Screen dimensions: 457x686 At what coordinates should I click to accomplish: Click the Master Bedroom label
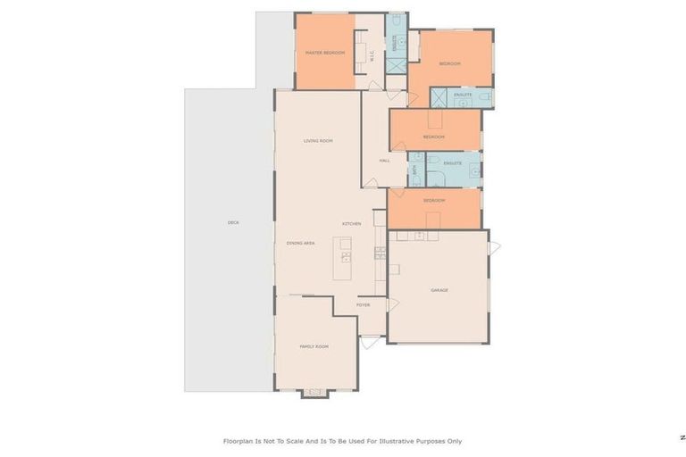324,53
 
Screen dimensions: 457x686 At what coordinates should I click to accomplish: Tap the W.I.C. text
372,54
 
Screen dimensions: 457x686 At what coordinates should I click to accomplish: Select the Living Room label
317,140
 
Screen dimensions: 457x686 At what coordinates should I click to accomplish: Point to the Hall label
384,161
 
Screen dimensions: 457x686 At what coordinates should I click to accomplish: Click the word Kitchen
351,223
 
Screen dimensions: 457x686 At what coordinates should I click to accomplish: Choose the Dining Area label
300,243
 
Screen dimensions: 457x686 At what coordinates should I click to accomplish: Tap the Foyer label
363,305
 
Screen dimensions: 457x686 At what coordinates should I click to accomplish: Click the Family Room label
314,345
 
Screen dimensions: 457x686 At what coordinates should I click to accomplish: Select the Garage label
439,290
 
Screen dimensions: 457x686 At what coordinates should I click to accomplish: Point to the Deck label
233,222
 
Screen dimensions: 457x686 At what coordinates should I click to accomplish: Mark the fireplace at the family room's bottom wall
314,392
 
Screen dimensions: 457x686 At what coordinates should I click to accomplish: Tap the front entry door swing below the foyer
371,340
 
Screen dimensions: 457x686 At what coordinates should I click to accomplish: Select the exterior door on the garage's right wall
494,247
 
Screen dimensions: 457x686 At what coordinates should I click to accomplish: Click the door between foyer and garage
391,305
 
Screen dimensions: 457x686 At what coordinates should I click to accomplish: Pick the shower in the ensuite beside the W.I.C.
397,64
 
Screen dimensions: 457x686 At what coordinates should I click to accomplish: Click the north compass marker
682,437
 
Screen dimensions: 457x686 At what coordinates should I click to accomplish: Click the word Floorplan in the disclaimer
238,440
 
